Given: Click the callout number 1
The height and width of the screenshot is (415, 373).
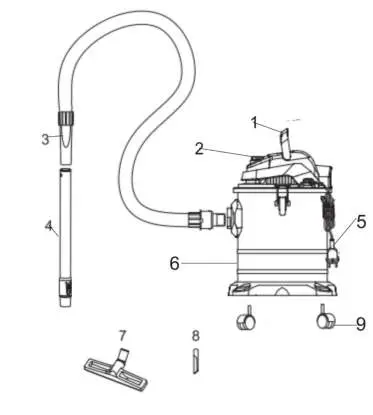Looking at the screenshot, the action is pyautogui.click(x=255, y=123).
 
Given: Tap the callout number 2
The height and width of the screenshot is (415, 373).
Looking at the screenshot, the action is pyautogui.click(x=200, y=149).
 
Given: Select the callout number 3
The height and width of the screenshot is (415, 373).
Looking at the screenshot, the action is pyautogui.click(x=45, y=139).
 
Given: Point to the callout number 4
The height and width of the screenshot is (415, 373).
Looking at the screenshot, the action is pyautogui.click(x=48, y=225).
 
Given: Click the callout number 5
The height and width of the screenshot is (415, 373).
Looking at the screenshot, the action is pyautogui.click(x=361, y=222).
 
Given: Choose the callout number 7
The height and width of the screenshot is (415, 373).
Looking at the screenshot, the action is pyautogui.click(x=122, y=334).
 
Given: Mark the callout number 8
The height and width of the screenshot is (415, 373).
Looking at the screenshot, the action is pyautogui.click(x=196, y=336).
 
